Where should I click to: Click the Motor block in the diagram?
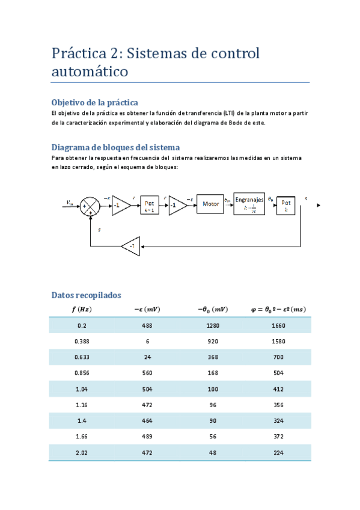pyautogui.click(x=210, y=204)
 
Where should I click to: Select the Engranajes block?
pyautogui.click(x=249, y=204)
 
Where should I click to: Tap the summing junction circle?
pyautogui.click(x=91, y=205)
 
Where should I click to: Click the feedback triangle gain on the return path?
pyautogui.click(x=131, y=246)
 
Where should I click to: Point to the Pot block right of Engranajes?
pyautogui.click(x=286, y=205)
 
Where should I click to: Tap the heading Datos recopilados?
pyautogui.click(x=87, y=295)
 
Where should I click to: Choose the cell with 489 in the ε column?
pyautogui.click(x=147, y=437)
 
